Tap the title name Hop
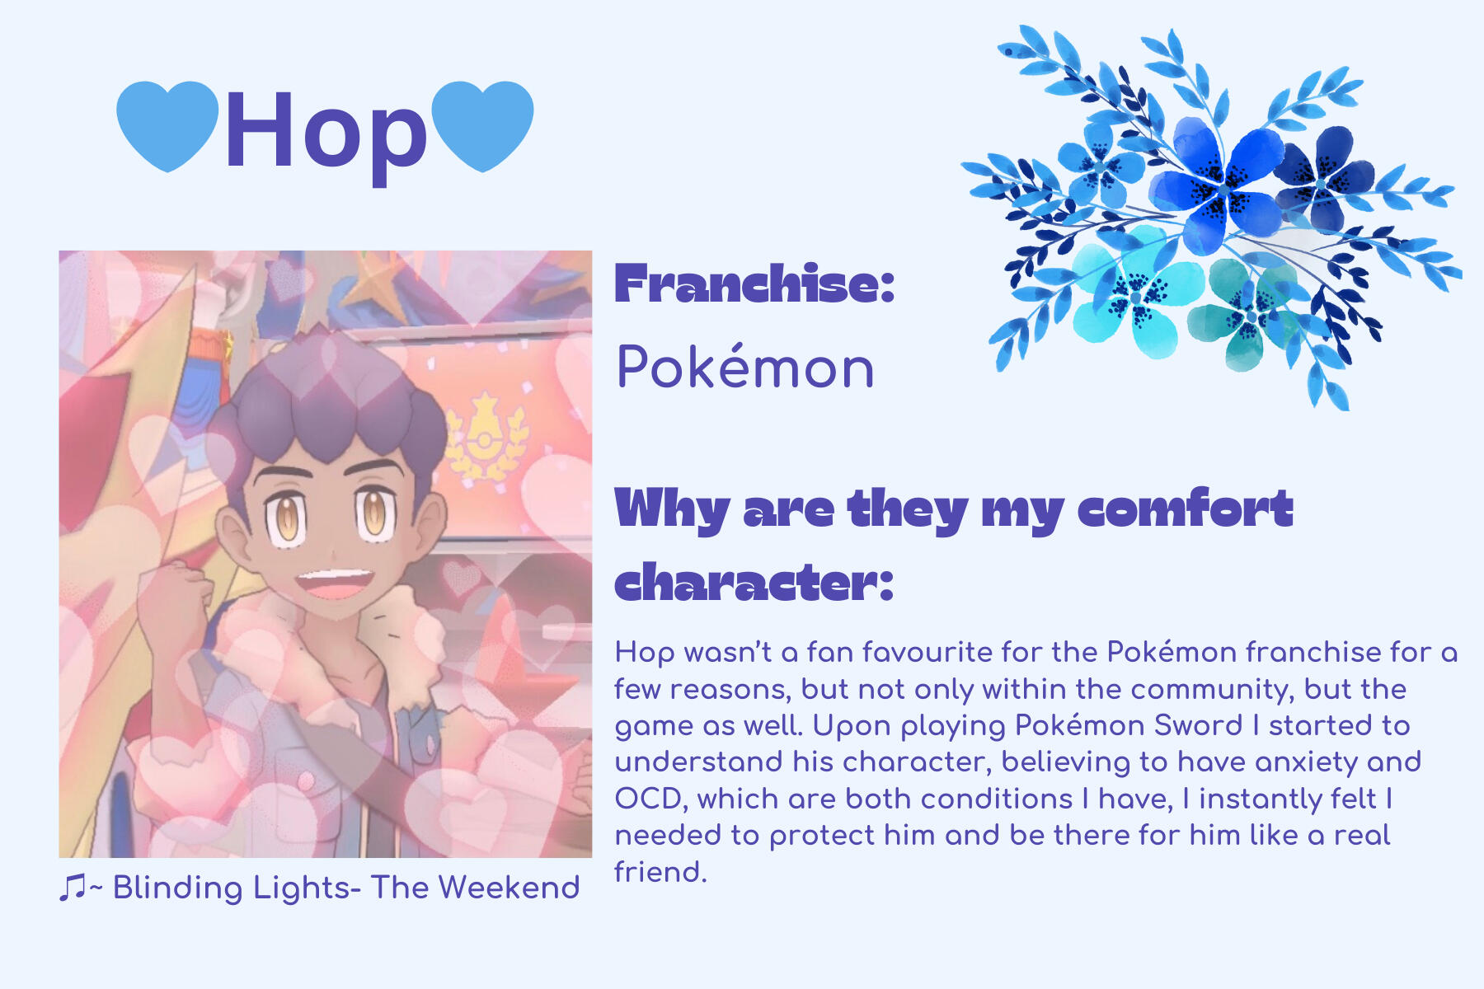325,132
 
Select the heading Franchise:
754,284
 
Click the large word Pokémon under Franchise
745,367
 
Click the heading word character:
754,583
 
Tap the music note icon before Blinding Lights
72,888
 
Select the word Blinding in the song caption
177,888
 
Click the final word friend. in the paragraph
660,872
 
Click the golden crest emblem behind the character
486,437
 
